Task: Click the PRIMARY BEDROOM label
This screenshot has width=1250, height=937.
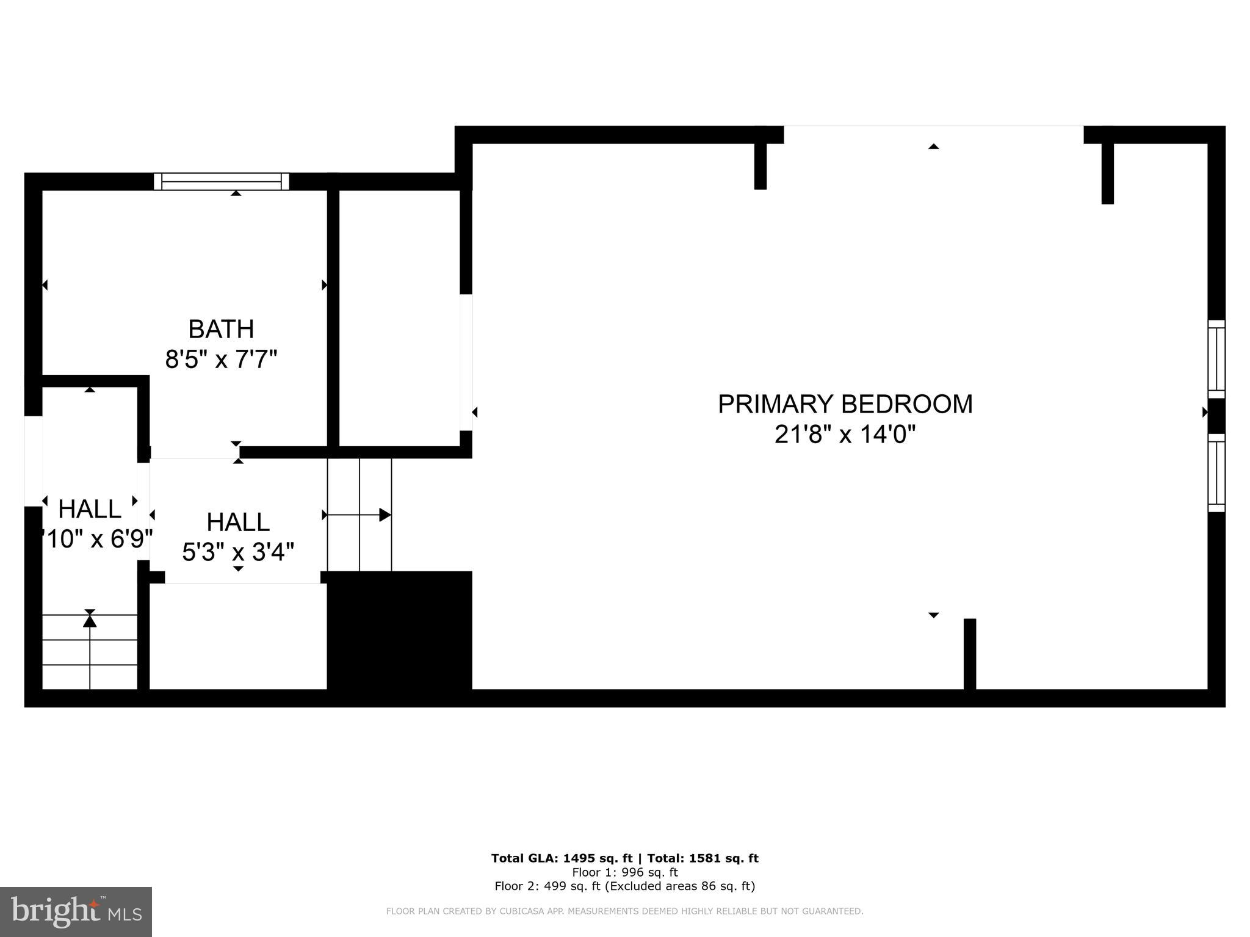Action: coord(845,404)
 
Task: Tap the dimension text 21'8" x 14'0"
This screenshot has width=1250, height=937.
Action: coord(845,435)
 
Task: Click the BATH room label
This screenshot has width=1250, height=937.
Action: coord(221,330)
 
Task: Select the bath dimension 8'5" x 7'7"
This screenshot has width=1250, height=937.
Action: coord(221,360)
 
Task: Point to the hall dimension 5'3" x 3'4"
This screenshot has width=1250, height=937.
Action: coord(238,552)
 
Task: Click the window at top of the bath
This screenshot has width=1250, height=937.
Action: coord(221,181)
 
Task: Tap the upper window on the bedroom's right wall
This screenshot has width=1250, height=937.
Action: coord(1216,359)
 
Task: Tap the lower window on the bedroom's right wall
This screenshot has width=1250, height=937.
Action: coord(1216,472)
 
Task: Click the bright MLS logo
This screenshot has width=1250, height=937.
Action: coord(76,912)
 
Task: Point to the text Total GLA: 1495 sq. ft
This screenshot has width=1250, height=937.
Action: coord(562,858)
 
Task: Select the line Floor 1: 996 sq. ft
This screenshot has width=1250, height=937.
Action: coord(624,872)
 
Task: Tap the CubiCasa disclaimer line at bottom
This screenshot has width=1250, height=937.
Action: coord(624,911)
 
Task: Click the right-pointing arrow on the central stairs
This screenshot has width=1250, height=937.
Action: coord(385,515)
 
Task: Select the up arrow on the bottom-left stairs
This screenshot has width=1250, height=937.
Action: coord(90,621)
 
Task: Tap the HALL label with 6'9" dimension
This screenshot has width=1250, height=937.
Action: coord(90,509)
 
